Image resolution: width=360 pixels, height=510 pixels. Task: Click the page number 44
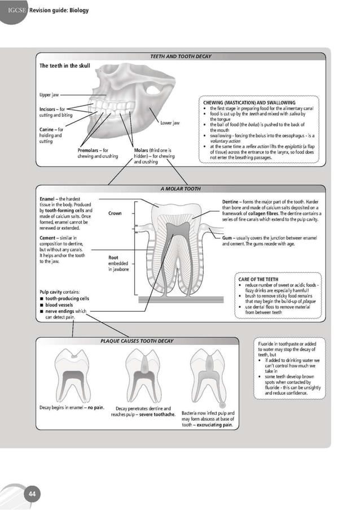pyautogui.click(x=32, y=494)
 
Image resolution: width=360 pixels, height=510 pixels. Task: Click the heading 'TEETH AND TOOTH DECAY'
pyautogui.click(x=180, y=57)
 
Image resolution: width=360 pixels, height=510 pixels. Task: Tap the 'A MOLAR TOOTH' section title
pyautogui.click(x=180, y=189)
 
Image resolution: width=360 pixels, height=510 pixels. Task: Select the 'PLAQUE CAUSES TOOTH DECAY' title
pyautogui.click(x=137, y=341)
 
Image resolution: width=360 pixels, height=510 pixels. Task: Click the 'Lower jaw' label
pyautogui.click(x=170, y=123)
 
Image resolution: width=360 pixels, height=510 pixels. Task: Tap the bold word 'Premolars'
pyautogui.click(x=90, y=150)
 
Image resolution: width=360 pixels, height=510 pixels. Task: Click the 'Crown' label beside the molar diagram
pyautogui.click(x=115, y=213)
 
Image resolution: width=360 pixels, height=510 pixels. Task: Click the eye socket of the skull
pyautogui.click(x=153, y=88)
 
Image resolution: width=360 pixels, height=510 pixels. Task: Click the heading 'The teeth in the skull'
pyautogui.click(x=64, y=66)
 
